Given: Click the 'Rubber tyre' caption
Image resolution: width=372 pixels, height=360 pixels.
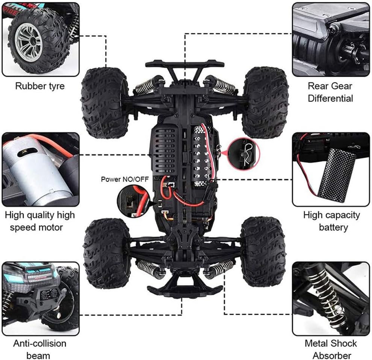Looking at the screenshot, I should tap(40, 86).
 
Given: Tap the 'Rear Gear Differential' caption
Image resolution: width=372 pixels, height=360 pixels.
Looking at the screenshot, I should tap(330, 92).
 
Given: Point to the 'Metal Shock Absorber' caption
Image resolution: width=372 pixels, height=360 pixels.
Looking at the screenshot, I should tap(331, 349).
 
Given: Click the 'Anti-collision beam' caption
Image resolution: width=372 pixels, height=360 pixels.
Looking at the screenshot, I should tap(40, 349).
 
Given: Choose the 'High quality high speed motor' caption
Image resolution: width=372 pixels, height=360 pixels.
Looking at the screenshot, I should tap(40, 221).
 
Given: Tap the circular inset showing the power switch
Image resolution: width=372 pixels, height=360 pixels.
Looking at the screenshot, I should tap(131, 201).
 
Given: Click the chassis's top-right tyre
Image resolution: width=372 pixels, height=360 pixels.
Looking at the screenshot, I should tap(265, 102).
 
